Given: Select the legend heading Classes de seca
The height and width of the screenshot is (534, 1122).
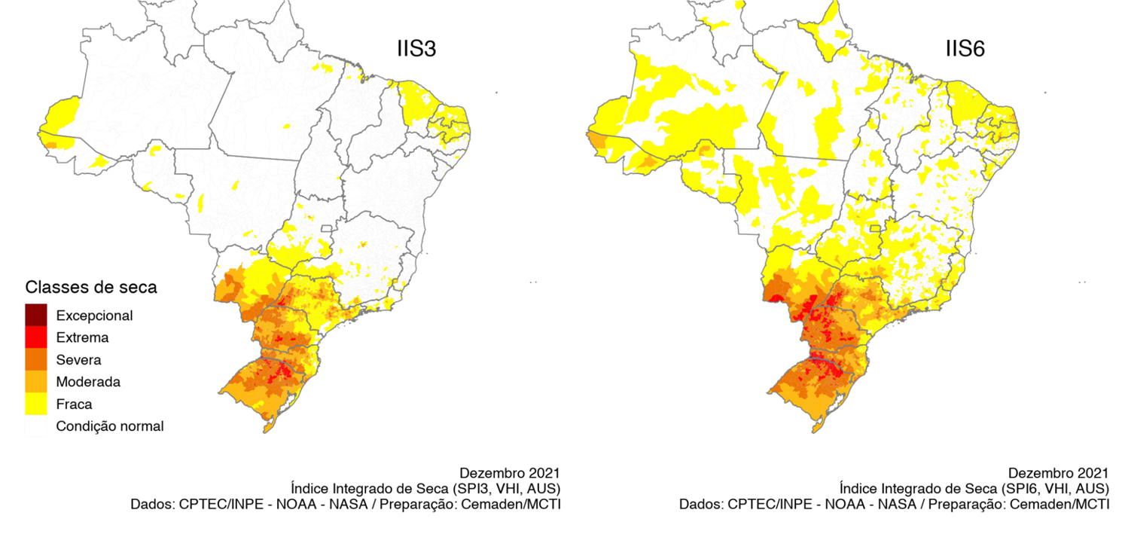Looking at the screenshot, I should click(x=90, y=287).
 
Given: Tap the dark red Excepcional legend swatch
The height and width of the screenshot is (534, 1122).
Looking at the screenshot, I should click(x=35, y=316).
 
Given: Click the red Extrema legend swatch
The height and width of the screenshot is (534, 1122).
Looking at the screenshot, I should click(x=35, y=337).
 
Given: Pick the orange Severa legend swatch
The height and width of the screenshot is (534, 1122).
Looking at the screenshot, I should click(x=35, y=360).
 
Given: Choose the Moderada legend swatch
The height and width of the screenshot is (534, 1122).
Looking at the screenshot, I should click(x=35, y=382).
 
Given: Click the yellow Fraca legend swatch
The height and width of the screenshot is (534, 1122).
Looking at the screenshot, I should click(x=35, y=404).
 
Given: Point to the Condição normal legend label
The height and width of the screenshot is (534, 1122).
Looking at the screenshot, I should click(x=110, y=426).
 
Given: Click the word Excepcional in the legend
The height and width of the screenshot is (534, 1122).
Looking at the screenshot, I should click(x=94, y=316).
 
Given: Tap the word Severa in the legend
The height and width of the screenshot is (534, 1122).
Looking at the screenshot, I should click(x=78, y=360).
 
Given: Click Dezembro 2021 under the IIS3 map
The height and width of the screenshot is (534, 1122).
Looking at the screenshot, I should click(x=510, y=473).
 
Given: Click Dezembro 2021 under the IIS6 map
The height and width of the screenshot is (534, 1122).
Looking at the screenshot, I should click(x=1058, y=473).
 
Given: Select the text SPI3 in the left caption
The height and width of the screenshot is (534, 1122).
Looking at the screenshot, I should click(x=481, y=489).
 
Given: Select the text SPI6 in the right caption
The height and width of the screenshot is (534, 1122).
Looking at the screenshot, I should click(x=1029, y=489).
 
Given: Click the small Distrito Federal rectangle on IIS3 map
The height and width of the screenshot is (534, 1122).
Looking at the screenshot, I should click(x=327, y=228).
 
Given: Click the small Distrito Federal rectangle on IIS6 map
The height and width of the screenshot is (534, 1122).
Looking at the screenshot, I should click(x=875, y=228).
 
